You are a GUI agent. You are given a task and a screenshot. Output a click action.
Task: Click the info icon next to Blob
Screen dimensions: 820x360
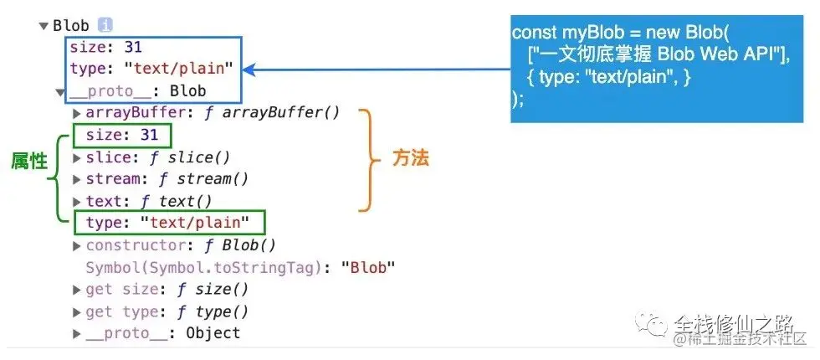tap(105, 25)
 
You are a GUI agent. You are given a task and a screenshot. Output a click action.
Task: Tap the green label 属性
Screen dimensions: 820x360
tap(28, 162)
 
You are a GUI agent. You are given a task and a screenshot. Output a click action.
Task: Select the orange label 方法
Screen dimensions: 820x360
tap(410, 157)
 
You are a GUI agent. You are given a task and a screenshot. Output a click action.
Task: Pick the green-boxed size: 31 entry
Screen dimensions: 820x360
tap(121, 135)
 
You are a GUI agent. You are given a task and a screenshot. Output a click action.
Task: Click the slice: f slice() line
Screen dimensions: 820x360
tap(157, 157)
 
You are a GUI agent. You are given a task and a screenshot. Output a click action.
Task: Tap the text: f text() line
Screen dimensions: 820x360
tap(149, 201)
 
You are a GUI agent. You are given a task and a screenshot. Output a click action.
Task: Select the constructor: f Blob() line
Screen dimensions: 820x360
tap(181, 245)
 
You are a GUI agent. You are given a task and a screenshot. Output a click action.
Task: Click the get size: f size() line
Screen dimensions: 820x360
tap(167, 290)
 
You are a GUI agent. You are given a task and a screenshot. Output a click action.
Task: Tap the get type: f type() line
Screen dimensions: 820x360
tap(167, 311)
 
